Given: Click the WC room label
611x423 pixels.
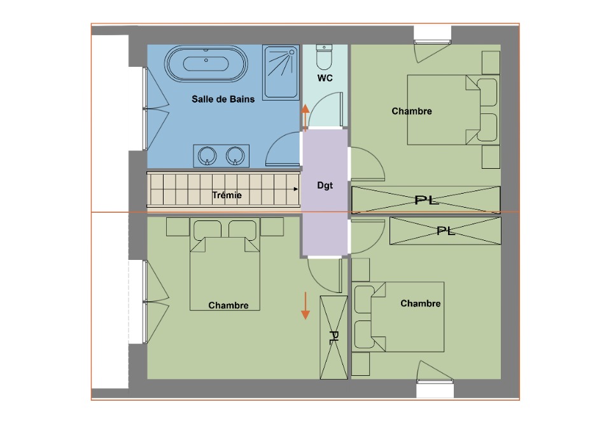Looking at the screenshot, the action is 325,78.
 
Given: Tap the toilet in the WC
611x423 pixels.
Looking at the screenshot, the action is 324,57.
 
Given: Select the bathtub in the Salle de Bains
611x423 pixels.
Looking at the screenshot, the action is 206,64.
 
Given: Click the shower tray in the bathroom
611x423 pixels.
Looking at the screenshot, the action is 281,73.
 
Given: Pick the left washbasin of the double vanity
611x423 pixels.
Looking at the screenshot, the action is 207,155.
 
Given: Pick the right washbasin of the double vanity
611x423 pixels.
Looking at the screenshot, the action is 235,155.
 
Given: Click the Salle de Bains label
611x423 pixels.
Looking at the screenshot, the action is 223,99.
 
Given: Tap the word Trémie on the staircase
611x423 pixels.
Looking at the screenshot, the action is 227,195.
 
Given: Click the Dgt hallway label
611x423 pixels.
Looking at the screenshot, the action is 325,185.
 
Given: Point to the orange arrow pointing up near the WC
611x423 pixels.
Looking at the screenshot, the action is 305,118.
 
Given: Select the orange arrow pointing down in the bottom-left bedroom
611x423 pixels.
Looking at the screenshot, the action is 305,306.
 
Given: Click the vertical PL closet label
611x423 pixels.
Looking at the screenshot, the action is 334,338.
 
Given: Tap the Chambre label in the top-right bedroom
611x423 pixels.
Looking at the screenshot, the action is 412,111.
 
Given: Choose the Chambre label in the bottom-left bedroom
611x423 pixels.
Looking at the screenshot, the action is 228,305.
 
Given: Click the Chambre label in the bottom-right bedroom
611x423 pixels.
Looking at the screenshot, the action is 421,303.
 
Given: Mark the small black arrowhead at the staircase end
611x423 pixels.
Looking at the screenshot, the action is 296,189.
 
